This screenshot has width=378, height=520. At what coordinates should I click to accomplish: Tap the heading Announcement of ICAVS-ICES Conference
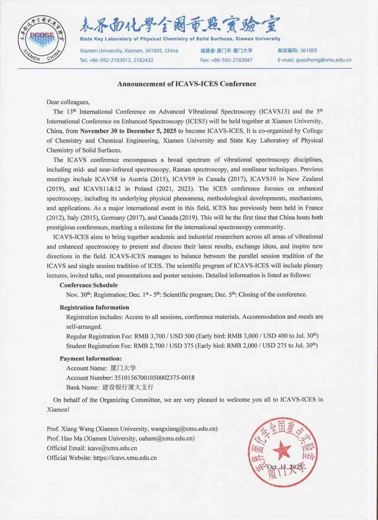(x=187, y=84)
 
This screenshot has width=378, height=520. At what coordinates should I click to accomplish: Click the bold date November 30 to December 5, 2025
(x=128, y=131)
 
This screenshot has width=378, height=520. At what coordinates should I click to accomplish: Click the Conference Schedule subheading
(x=89, y=285)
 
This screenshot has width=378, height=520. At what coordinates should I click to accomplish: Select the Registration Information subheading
(x=94, y=307)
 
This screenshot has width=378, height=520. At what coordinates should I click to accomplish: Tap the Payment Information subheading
(x=91, y=358)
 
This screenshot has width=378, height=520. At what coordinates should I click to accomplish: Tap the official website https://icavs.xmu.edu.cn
(x=125, y=458)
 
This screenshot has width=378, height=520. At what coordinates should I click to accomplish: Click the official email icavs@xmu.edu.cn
(x=112, y=448)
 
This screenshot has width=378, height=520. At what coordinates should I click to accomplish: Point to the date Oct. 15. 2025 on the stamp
(x=285, y=467)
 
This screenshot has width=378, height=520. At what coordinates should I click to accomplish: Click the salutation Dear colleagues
(x=68, y=102)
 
